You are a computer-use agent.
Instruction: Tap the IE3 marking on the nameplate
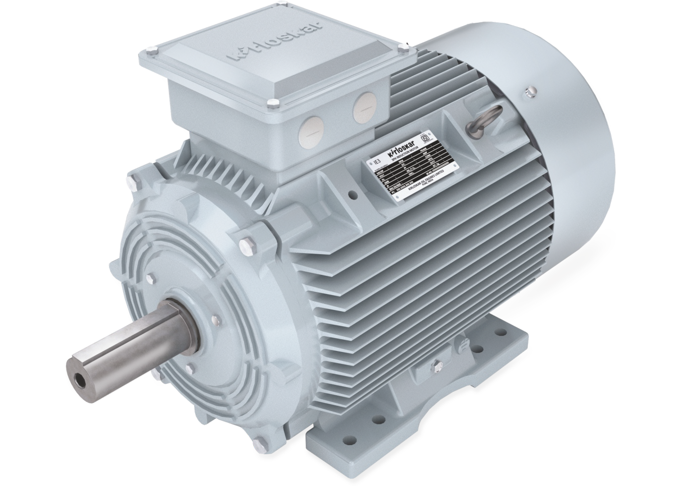[375, 162]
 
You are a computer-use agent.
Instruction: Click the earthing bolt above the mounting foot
[437, 364]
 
